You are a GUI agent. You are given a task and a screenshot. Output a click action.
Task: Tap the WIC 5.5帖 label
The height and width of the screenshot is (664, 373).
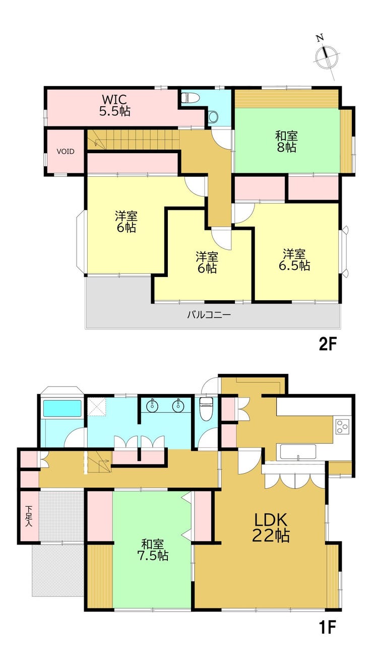(115, 105)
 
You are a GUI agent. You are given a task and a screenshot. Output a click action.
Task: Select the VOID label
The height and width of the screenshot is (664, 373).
(66, 152)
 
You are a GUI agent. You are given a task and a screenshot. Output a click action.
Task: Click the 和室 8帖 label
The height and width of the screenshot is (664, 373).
(286, 142)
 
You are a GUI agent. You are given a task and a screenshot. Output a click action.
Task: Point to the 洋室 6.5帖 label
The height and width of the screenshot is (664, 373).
(294, 260)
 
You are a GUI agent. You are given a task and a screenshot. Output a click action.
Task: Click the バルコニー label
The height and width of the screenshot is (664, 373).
(209, 314)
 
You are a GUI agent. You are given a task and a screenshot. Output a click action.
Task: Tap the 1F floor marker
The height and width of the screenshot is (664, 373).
(327, 627)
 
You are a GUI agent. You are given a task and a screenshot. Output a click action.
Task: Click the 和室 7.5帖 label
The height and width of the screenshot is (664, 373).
(153, 550)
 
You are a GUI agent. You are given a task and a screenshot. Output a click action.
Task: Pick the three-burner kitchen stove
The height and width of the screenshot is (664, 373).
(342, 427)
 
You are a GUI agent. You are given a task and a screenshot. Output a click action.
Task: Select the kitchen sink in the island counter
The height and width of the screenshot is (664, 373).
(298, 452)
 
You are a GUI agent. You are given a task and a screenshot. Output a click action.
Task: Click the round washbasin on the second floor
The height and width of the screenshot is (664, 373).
(213, 116)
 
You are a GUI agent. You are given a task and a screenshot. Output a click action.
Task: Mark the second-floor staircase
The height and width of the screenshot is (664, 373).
(134, 140)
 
